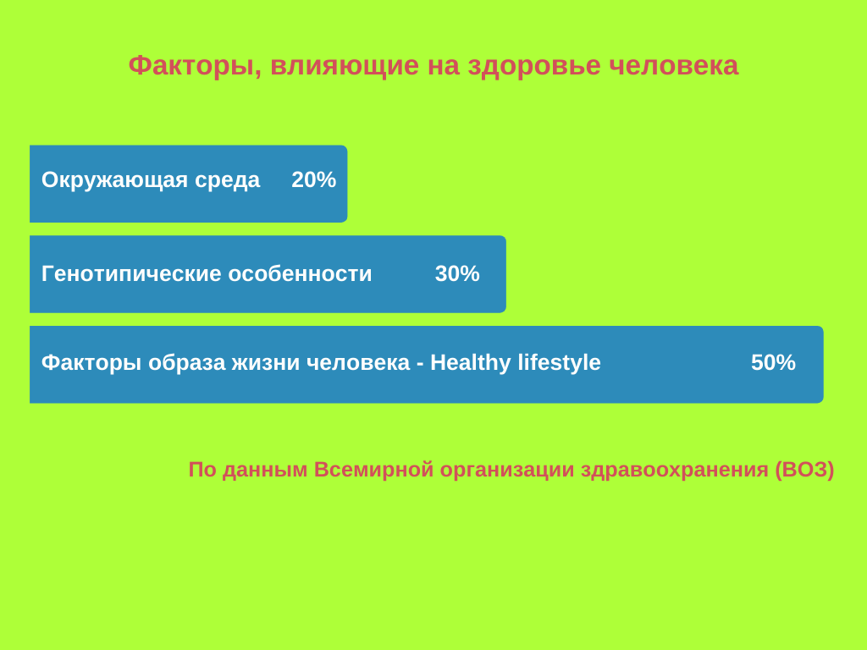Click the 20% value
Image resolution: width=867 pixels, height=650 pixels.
[x=313, y=179]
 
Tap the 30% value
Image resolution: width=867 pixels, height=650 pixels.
[x=457, y=273]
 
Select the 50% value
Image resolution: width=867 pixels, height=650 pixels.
[x=773, y=362]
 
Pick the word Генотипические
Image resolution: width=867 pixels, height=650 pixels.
[x=131, y=274]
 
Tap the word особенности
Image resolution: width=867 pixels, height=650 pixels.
[x=300, y=274]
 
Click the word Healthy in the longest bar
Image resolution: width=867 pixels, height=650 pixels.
[x=471, y=363]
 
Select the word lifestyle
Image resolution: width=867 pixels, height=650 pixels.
[x=559, y=363]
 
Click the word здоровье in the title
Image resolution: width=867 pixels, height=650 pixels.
[x=534, y=66]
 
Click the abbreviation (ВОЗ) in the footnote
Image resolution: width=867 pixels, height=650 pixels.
[x=804, y=470]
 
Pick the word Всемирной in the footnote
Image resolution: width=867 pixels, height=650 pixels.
[x=373, y=470]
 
